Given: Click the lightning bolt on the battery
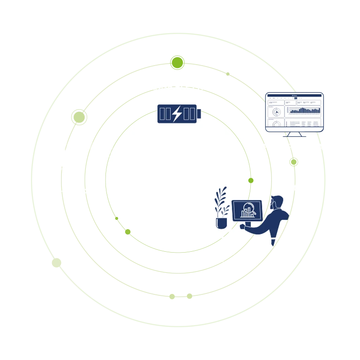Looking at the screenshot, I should coord(177,114).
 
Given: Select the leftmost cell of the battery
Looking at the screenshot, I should coord(162,114).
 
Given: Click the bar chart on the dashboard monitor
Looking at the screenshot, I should coord(303,111).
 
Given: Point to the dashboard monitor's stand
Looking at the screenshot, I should coord(295,134).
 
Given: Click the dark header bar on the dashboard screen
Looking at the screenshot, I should coord(295,97).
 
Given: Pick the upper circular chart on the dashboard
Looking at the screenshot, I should coord(277,112).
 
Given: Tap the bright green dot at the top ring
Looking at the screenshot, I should coord(177,62).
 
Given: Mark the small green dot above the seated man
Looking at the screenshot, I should coord(251,180).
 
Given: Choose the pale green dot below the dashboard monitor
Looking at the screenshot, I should coord(293,162).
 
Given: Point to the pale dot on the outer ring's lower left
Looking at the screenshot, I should coord(56,263).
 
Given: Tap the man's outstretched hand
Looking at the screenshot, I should coord(243,226).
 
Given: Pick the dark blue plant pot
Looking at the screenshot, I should coord(221,222).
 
